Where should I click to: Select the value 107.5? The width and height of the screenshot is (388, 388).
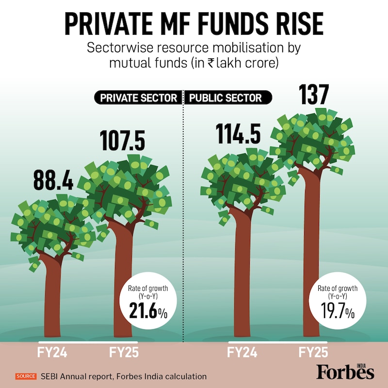123,140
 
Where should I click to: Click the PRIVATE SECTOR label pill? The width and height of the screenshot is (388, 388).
138,98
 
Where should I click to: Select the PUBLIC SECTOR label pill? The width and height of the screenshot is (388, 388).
226,98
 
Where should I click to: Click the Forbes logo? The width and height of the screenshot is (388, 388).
345,372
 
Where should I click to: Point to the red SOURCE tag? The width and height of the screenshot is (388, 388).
26,376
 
